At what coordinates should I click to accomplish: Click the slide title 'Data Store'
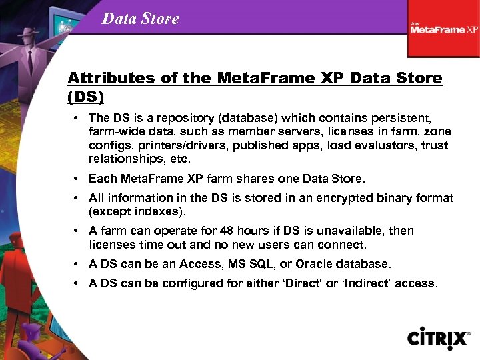point(141,19)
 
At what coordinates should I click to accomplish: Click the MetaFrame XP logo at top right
point(444,28)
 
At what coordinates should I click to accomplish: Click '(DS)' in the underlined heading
point(86,97)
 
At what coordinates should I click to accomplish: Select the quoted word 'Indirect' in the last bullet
point(366,283)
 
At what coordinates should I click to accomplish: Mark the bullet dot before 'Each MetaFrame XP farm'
point(79,179)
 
